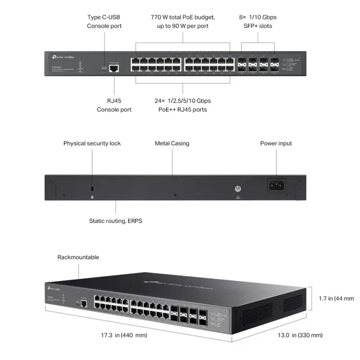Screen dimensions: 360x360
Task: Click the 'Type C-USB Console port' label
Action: pyautogui.click(x=104, y=22)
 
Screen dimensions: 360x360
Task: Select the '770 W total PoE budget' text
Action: pyautogui.click(x=183, y=17)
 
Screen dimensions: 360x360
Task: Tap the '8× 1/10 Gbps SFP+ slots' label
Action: pyautogui.click(x=257, y=22)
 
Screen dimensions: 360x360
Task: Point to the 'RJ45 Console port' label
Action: pyautogui.click(x=114, y=105)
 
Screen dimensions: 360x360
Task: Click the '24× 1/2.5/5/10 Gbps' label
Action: pyautogui.click(x=183, y=100)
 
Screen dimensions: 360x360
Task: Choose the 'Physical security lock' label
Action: pyautogui.click(x=92, y=144)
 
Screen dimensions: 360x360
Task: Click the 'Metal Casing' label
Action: pyautogui.click(x=172, y=144)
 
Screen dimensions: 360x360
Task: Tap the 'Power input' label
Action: pyautogui.click(x=276, y=144)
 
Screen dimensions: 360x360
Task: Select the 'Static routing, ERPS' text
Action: pyautogui.click(x=116, y=221)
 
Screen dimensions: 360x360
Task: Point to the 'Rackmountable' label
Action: pyautogui.click(x=78, y=257)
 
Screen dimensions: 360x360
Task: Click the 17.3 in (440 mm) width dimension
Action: pyautogui.click(x=125, y=335)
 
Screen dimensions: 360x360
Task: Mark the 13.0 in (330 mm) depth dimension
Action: pyautogui.click(x=300, y=335)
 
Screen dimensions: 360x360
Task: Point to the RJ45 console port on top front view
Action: pyautogui.click(x=114, y=68)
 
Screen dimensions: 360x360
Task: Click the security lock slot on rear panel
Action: pyautogui.click(x=92, y=188)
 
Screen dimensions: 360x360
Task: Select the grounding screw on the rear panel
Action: pyautogui.click(x=237, y=190)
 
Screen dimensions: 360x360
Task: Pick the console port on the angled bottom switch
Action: pyautogui.click(x=84, y=299)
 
